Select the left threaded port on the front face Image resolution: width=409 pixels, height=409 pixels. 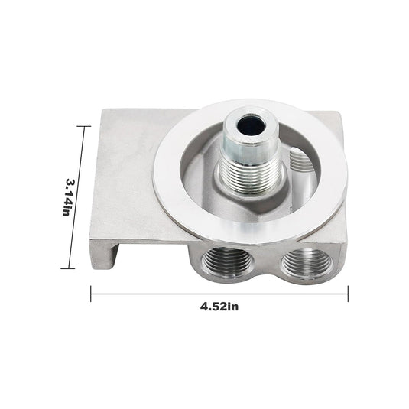[222, 262]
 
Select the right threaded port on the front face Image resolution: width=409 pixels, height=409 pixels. [306, 263]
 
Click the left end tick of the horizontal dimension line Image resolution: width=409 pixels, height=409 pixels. [92, 293]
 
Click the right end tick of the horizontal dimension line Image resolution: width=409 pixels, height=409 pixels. [349, 293]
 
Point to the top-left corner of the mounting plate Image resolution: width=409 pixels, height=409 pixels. [102, 110]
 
